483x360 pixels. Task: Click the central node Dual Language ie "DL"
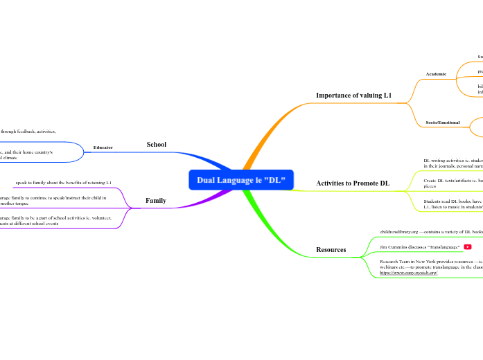(x=241, y=180)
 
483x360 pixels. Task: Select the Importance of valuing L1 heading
(x=353, y=95)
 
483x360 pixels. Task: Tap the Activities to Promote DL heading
(x=353, y=183)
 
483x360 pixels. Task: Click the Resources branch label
(x=331, y=249)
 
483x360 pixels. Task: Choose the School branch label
(x=156, y=144)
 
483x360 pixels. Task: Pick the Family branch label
(x=155, y=200)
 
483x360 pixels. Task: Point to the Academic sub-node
(x=436, y=73)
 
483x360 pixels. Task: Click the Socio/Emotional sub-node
(x=442, y=123)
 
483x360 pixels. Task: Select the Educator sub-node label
(x=103, y=147)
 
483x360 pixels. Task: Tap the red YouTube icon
(x=468, y=246)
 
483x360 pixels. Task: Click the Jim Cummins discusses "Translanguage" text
(x=420, y=246)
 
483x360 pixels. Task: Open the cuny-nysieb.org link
(x=408, y=273)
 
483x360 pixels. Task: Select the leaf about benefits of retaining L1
(x=63, y=182)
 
